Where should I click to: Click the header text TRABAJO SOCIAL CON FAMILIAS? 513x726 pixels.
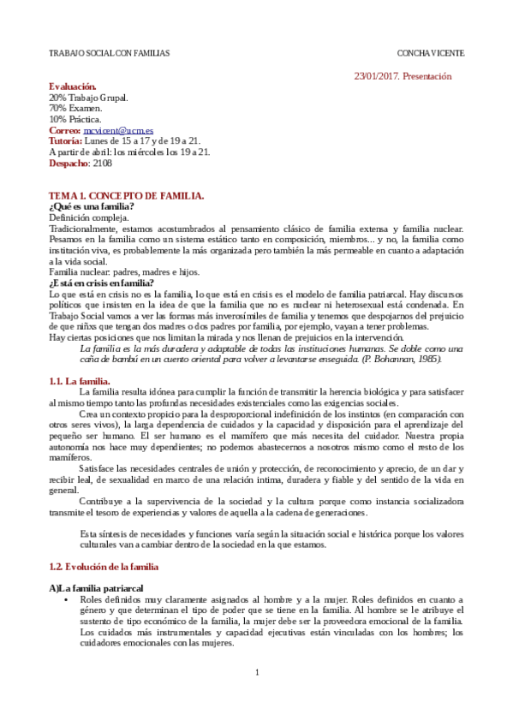[x=110, y=54]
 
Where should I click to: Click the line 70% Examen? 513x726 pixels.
[x=75, y=109]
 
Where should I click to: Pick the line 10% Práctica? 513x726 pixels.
[x=75, y=119]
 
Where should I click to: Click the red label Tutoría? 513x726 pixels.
[x=66, y=140]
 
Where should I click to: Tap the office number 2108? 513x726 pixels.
[x=102, y=163]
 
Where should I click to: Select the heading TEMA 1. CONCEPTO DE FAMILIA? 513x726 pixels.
[x=126, y=196]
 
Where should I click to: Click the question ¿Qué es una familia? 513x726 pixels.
[x=92, y=206]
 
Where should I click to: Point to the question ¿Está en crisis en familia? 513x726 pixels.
[x=102, y=283]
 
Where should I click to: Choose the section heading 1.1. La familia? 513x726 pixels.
[x=80, y=382]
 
